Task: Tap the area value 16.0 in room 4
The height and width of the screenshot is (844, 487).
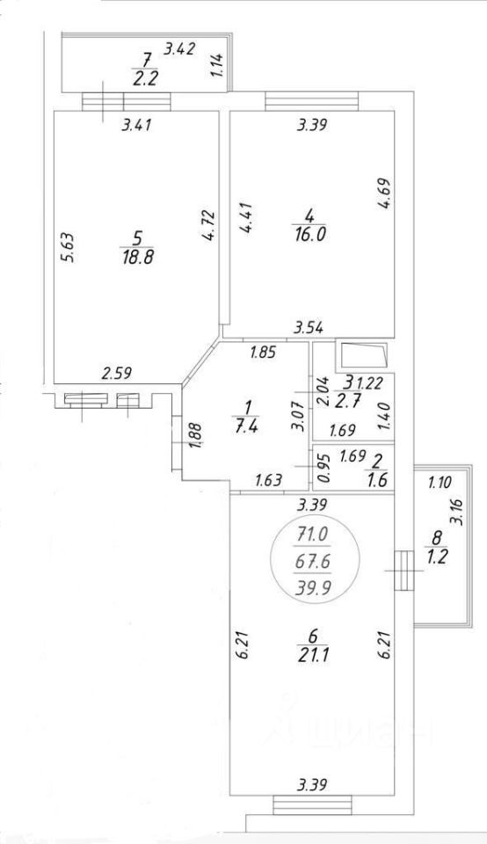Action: click(x=309, y=236)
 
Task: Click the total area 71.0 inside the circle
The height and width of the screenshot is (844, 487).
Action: click(x=313, y=536)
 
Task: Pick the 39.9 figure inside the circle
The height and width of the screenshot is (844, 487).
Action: click(x=313, y=588)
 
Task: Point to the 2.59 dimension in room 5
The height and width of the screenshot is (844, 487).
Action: click(x=117, y=372)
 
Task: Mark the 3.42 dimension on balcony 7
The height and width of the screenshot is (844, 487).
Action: click(x=179, y=49)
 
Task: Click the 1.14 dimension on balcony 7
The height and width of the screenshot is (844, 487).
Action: click(x=217, y=65)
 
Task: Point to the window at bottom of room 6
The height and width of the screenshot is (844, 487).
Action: click(x=313, y=805)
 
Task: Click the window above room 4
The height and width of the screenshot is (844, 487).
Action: click(x=311, y=101)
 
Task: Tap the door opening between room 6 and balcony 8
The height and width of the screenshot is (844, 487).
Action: click(x=403, y=571)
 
